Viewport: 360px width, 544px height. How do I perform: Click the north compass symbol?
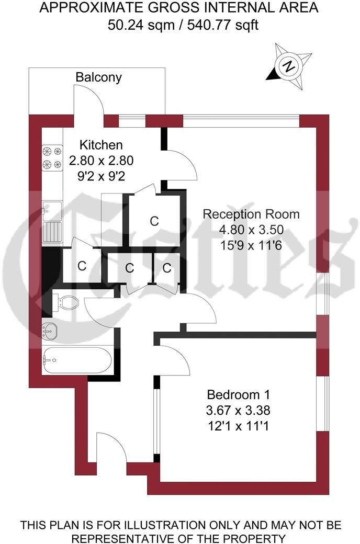pyautogui.click(x=287, y=67)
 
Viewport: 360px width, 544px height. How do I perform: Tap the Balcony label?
pyautogui.click(x=98, y=77)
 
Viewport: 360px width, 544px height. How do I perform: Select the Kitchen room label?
pyautogui.click(x=101, y=145)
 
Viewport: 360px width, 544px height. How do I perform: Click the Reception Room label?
pyautogui.click(x=251, y=214)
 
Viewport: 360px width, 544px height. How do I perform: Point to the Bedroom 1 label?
pyautogui.click(x=238, y=394)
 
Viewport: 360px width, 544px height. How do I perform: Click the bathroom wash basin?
pyautogui.click(x=51, y=330)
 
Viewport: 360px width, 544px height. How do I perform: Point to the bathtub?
pyautogui.click(x=76, y=360)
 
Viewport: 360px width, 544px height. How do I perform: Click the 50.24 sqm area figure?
pyautogui.click(x=134, y=24)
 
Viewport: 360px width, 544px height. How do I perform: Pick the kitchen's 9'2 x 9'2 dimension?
pyautogui.click(x=101, y=175)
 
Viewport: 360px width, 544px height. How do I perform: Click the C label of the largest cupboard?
pyautogui.click(x=154, y=221)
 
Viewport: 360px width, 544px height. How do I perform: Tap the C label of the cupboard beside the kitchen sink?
pyautogui.click(x=82, y=265)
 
